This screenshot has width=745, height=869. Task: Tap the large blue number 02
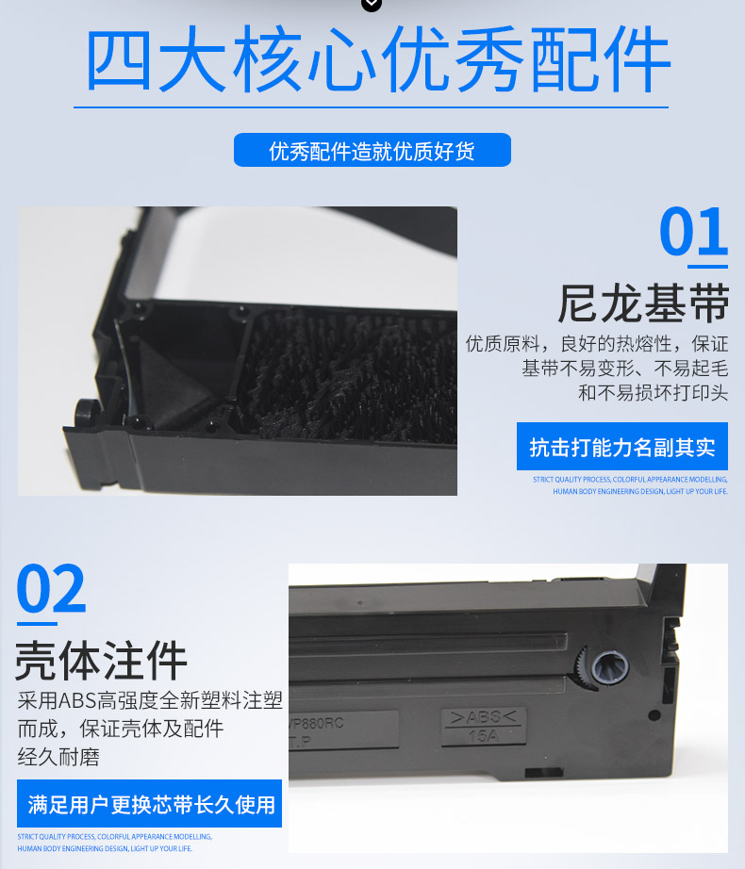[x=51, y=590]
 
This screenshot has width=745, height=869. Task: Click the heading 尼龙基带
[x=643, y=303]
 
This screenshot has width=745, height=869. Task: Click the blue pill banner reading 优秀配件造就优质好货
[x=372, y=151]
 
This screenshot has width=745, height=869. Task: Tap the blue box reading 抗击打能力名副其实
[x=621, y=447]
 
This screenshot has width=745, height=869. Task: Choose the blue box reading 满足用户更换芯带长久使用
[x=150, y=804]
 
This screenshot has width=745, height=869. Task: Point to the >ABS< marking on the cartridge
[x=483, y=718]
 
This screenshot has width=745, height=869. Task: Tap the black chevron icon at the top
[x=372, y=5]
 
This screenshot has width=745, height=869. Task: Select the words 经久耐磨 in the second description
[x=58, y=757]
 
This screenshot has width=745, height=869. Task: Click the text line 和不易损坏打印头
[x=653, y=393]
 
